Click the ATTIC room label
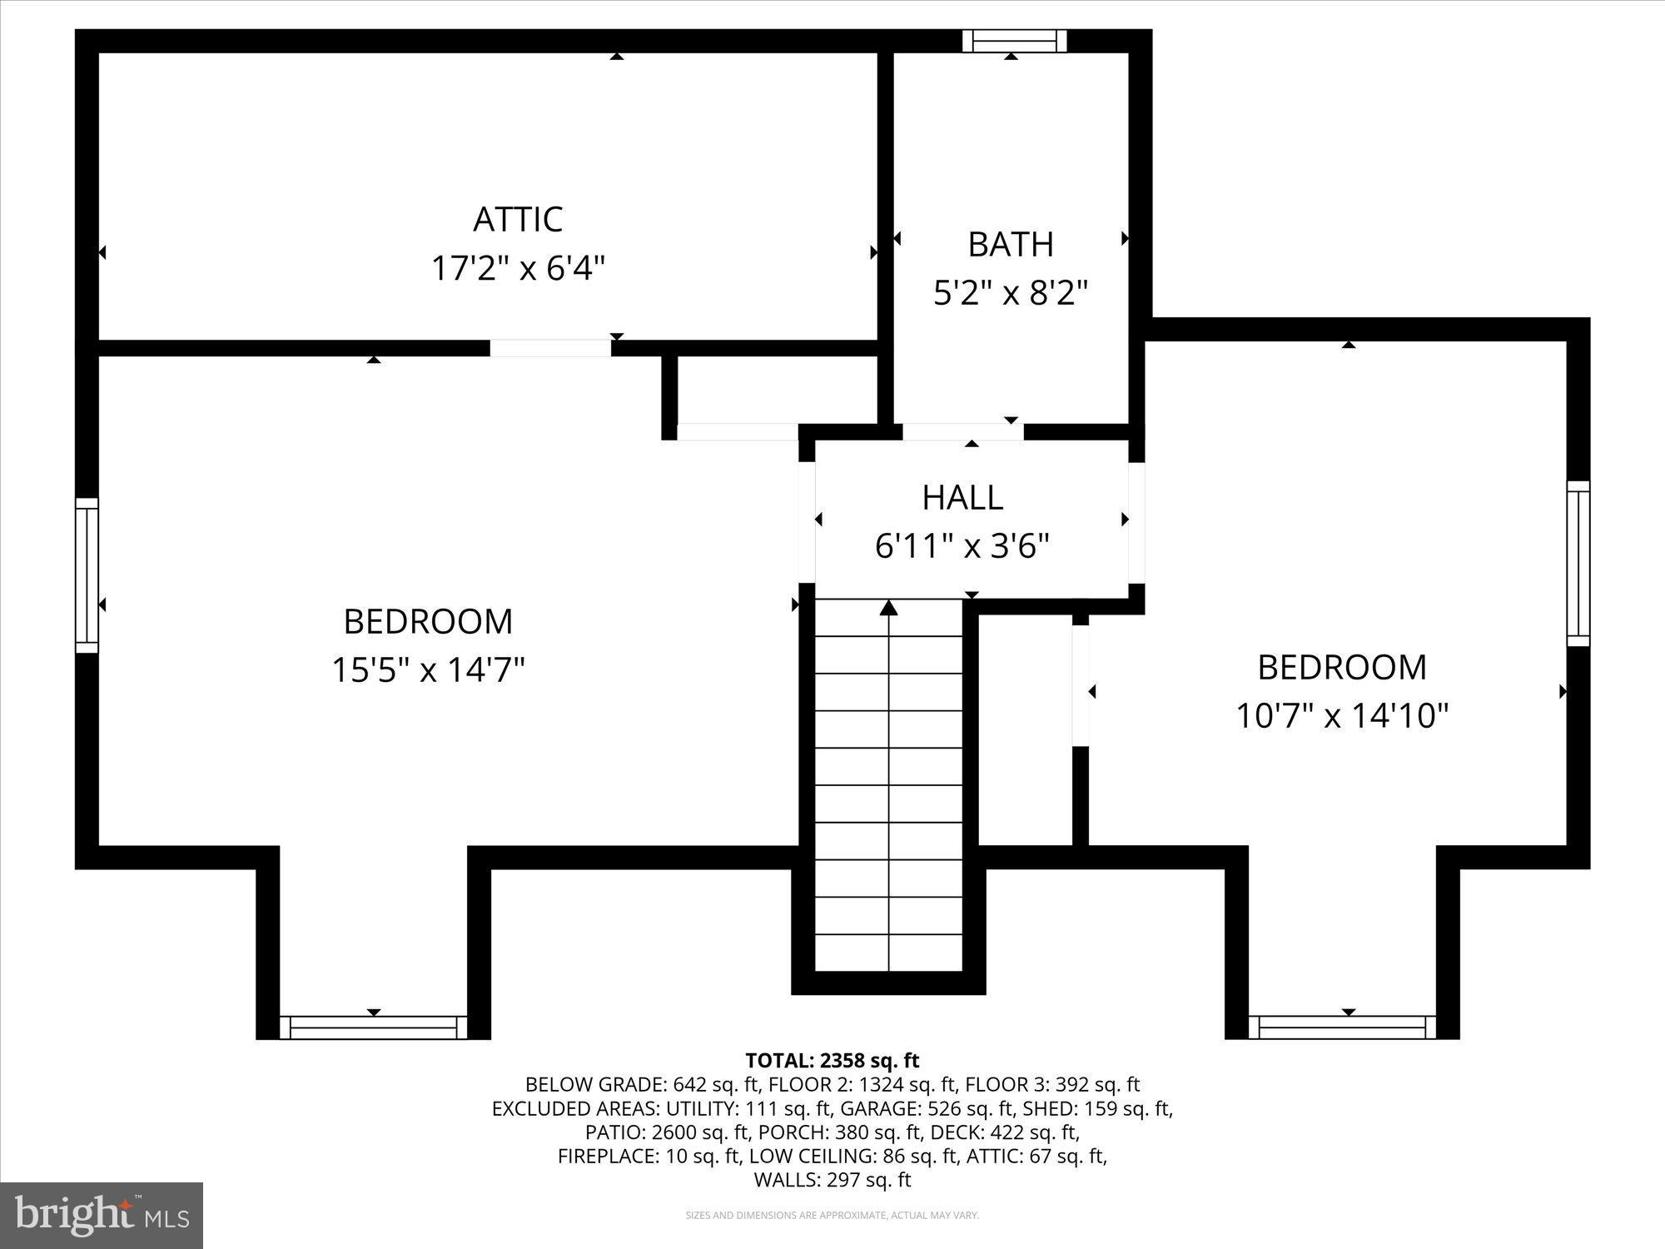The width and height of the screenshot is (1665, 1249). pyautogui.click(x=518, y=220)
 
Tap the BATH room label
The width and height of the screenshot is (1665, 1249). pyautogui.click(x=1011, y=245)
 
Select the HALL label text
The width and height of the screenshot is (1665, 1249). pyautogui.click(x=962, y=497)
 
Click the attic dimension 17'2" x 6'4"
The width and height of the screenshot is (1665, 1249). pyautogui.click(x=518, y=269)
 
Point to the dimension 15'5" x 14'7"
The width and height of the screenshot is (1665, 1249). pyautogui.click(x=428, y=669)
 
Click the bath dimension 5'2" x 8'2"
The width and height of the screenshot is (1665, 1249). pyautogui.click(x=1011, y=293)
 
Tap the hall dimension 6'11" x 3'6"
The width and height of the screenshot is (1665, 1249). pyautogui.click(x=962, y=546)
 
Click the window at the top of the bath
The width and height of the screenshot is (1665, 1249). pyautogui.click(x=1014, y=41)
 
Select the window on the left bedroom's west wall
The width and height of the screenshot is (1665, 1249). pyautogui.click(x=87, y=575)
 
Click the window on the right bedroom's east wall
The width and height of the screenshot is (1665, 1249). pyautogui.click(x=1578, y=564)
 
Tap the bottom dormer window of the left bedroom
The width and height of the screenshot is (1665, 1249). pyautogui.click(x=374, y=1028)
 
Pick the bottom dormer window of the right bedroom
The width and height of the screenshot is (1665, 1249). pyautogui.click(x=1343, y=1028)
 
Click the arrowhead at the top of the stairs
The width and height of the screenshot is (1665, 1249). pyautogui.click(x=889, y=608)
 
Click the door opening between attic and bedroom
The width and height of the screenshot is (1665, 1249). pyautogui.click(x=550, y=348)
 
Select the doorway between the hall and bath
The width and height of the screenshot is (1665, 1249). pyautogui.click(x=963, y=431)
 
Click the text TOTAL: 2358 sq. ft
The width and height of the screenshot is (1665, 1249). pyautogui.click(x=832, y=1061)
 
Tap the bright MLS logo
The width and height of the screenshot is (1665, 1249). pyautogui.click(x=102, y=1215)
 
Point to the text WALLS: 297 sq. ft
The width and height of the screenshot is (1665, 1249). pyautogui.click(x=832, y=1180)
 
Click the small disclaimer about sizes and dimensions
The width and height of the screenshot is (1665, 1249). pyautogui.click(x=832, y=1216)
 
